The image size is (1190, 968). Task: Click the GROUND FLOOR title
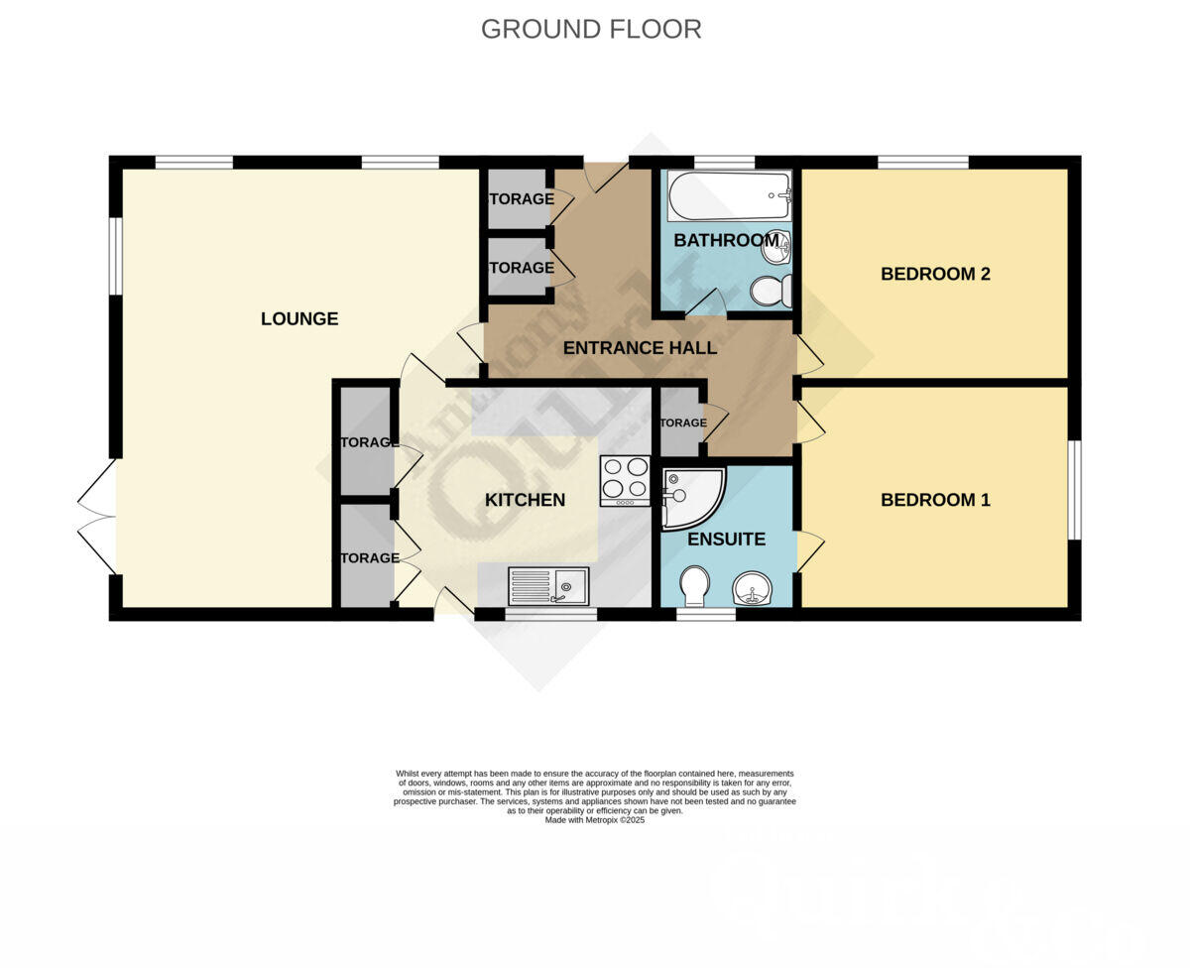(x=591, y=30)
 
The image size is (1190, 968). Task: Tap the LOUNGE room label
(x=299, y=318)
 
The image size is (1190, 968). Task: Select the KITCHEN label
(x=525, y=500)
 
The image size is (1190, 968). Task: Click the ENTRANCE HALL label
(x=640, y=348)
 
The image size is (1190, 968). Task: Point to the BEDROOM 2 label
(x=935, y=274)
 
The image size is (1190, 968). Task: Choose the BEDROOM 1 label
(x=935, y=500)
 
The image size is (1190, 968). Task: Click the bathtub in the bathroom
(x=728, y=195)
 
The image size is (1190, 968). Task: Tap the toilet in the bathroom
(x=771, y=291)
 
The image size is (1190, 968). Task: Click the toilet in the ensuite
(x=694, y=584)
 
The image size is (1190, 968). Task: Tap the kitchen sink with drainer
(x=548, y=586)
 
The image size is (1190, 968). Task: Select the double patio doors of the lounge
(x=97, y=517)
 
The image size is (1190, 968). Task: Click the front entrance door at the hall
(x=605, y=176)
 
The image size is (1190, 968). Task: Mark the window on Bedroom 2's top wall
(x=922, y=162)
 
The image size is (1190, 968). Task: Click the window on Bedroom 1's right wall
(x=1074, y=490)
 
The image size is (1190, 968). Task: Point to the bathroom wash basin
(x=776, y=247)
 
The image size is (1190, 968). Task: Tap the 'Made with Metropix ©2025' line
(x=595, y=820)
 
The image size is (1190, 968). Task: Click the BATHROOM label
(x=726, y=240)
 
